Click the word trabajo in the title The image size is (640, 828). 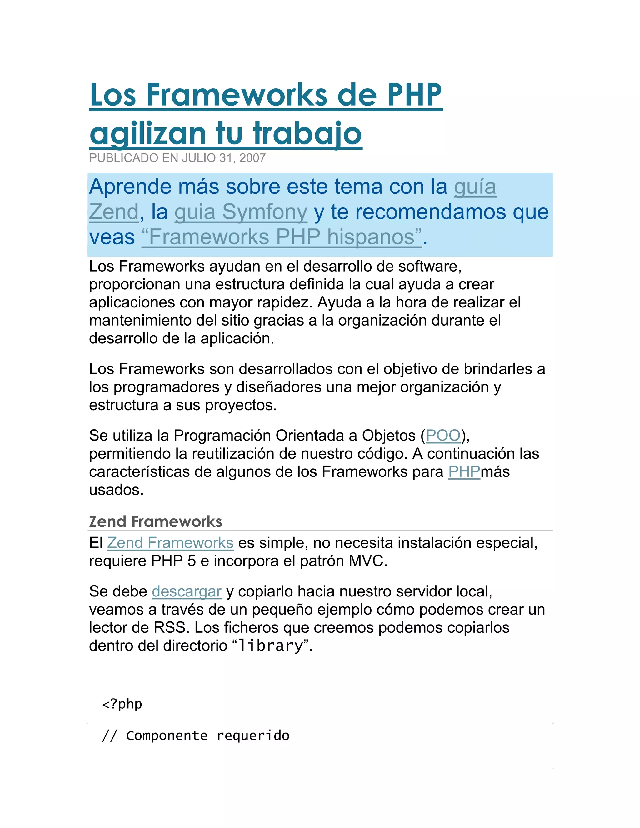pos(307,133)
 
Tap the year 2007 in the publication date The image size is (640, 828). pos(252,158)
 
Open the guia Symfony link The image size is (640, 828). pos(241,212)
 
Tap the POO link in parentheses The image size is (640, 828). pos(443,436)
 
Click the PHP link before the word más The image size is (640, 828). pos(464,472)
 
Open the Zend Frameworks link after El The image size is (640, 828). pos(170,543)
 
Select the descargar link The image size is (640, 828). pos(187,591)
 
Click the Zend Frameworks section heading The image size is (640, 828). pos(155,522)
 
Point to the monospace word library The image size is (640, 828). pos(270,646)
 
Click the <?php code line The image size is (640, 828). pos(122,704)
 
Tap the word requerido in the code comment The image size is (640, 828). pos(253,736)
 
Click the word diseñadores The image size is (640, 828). pos(279,387)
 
